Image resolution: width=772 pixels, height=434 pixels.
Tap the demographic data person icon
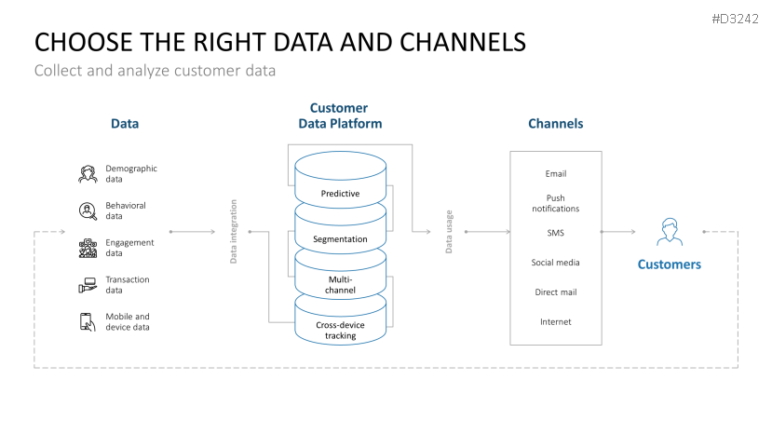[88, 174]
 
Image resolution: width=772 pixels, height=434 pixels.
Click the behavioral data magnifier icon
[88, 211]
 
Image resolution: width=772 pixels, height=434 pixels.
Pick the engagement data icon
[88, 249]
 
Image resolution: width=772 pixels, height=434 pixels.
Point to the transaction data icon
[88, 285]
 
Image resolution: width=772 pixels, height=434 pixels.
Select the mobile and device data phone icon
[88, 322]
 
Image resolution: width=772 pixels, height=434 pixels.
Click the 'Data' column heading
[125, 124]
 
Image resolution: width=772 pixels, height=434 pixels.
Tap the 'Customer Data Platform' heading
[339, 115]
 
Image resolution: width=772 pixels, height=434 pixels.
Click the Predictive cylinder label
[340, 194]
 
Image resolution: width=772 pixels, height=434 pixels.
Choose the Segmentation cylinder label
[340, 239]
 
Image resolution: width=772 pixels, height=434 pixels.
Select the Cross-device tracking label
[340, 330]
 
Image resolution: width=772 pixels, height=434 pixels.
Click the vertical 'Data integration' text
[234, 231]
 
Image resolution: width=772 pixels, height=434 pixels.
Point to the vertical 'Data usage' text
[449, 231]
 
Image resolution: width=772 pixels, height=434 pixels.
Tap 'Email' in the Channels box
[555, 174]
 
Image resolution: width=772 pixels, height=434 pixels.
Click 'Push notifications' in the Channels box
[555, 203]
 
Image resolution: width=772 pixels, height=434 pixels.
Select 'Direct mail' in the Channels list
[555, 292]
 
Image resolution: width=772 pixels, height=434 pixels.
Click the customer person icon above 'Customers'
[669, 231]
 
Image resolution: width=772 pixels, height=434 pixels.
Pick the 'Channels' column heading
[555, 124]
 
